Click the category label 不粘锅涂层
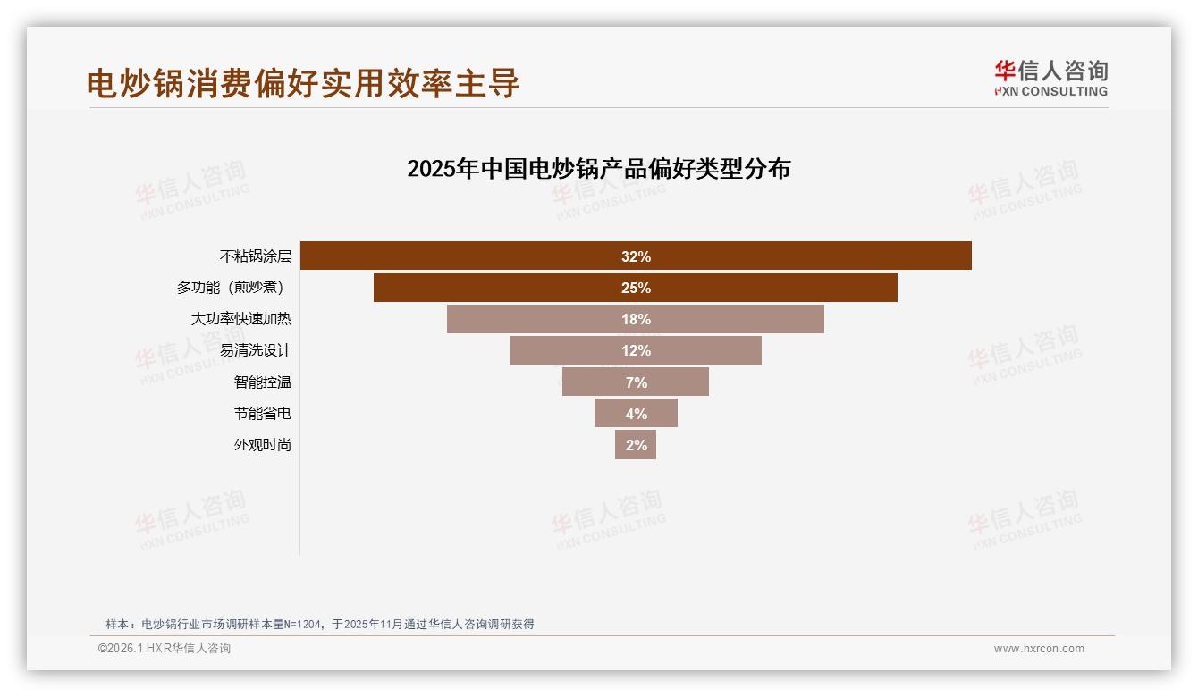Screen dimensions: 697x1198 (x=256, y=256)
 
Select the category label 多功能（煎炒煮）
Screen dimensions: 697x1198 (x=234, y=288)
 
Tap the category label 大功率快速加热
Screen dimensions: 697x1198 (x=241, y=319)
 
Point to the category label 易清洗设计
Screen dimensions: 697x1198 (x=256, y=350)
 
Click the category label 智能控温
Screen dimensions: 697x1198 (x=263, y=382)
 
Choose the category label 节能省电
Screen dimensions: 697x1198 (x=263, y=413)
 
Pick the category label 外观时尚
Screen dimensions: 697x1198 (x=263, y=444)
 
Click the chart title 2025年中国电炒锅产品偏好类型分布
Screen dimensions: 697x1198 (x=598, y=169)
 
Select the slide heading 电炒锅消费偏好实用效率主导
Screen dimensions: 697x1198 (x=303, y=83)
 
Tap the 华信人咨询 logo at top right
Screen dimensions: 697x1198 (x=1050, y=78)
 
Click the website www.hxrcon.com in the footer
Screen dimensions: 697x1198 (x=1039, y=649)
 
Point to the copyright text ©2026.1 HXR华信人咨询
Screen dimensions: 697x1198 (x=165, y=649)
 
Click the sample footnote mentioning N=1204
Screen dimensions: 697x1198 (x=320, y=624)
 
